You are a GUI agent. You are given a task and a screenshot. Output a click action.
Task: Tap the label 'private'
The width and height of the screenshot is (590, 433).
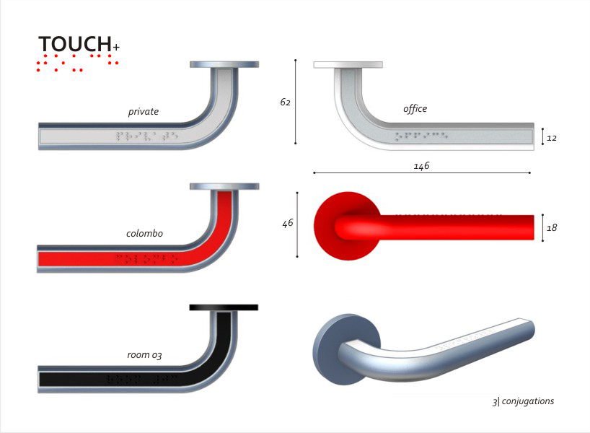144,112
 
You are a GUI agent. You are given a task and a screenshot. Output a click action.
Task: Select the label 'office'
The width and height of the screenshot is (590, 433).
415,109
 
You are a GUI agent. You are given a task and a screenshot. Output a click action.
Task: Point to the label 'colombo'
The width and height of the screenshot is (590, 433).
144,233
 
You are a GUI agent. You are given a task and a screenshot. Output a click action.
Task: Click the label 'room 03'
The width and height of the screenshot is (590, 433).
144,355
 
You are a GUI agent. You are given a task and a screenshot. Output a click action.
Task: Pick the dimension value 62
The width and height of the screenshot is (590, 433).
285,102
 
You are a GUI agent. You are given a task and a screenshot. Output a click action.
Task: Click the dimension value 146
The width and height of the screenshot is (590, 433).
421,166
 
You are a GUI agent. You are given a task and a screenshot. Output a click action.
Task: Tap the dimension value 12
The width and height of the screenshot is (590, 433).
552,137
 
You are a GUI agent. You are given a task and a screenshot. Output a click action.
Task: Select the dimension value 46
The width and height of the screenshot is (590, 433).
287,224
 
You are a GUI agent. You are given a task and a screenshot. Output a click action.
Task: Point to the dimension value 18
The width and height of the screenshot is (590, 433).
552,228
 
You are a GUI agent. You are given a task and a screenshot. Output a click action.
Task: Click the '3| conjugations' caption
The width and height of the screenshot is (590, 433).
523,401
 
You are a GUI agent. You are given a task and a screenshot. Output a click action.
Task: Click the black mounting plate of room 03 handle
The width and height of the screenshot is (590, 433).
224,307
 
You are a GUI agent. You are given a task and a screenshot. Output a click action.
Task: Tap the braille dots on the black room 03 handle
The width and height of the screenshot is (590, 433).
141,378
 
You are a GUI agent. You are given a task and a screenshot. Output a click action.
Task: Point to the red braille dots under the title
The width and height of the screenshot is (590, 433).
78,63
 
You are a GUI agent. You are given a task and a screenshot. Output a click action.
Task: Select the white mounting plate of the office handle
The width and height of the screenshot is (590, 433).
348,65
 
